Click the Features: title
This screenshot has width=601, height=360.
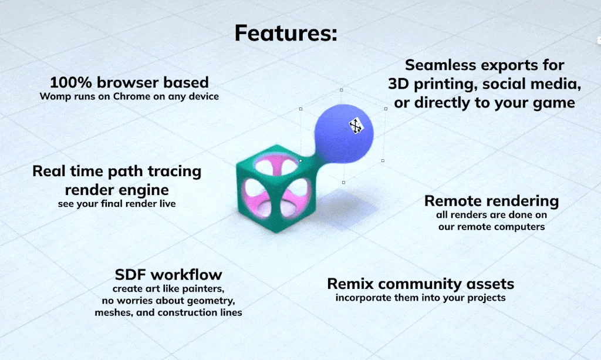tap(286, 33)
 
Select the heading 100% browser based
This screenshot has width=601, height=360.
tap(129, 82)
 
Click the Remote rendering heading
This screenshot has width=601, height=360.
tap(491, 201)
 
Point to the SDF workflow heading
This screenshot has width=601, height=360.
tap(168, 275)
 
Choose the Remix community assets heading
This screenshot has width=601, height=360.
tap(420, 284)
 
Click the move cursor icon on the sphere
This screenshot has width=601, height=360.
tap(356, 126)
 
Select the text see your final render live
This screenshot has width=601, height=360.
tap(117, 204)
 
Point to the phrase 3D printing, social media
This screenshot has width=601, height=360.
tap(484, 84)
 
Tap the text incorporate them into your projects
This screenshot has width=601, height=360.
tap(420, 298)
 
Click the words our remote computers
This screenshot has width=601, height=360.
tap(491, 227)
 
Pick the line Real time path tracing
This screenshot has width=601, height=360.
tap(117, 171)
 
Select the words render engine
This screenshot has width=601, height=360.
tap(117, 190)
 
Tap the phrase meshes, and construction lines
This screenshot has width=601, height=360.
tap(168, 312)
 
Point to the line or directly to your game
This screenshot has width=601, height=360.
tap(484, 103)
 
